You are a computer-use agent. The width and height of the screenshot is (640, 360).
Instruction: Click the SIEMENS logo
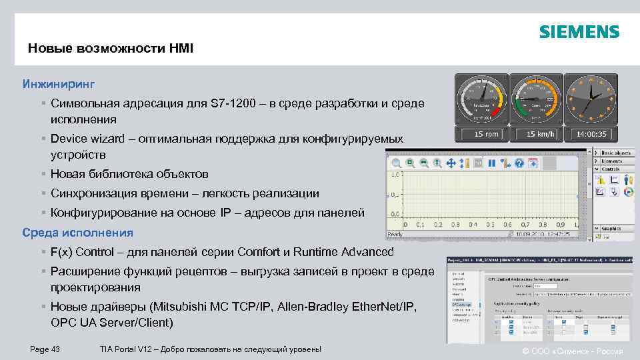pos(579,32)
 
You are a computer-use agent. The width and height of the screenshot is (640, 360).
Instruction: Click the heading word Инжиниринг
pos(59,85)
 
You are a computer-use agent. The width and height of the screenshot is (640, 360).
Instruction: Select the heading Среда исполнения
pos(77,233)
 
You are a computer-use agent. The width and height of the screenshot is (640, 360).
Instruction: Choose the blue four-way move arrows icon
pos(451,163)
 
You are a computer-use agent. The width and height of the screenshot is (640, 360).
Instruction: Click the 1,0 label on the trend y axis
pos(395,175)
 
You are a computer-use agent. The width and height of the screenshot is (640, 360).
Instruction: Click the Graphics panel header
pos(612,228)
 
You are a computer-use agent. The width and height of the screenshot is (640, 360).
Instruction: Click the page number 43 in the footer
pos(55,350)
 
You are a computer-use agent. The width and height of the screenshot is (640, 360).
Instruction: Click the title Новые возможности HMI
pos(111,48)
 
